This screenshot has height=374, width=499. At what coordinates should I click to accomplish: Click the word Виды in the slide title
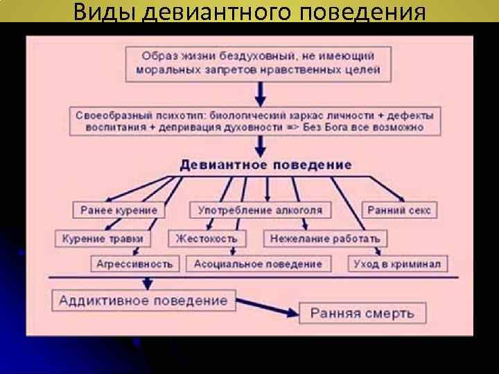[x=103, y=12]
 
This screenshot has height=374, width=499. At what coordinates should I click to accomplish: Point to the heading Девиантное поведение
[x=265, y=166]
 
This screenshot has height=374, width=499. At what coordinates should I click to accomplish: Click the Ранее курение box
[x=119, y=210]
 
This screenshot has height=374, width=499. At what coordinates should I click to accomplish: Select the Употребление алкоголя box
[x=260, y=210]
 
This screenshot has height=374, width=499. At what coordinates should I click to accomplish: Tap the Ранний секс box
[x=399, y=210]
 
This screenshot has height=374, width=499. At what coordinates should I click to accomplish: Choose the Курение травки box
[x=103, y=238]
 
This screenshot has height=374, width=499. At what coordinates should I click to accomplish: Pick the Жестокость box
[x=206, y=238]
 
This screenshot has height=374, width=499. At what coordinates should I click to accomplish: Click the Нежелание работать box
[x=325, y=238]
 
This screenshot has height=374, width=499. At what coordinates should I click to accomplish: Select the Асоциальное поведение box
[x=258, y=264]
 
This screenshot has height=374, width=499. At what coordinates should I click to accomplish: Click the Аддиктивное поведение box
[x=143, y=301]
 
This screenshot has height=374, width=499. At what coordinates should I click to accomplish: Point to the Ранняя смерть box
[x=362, y=313]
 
